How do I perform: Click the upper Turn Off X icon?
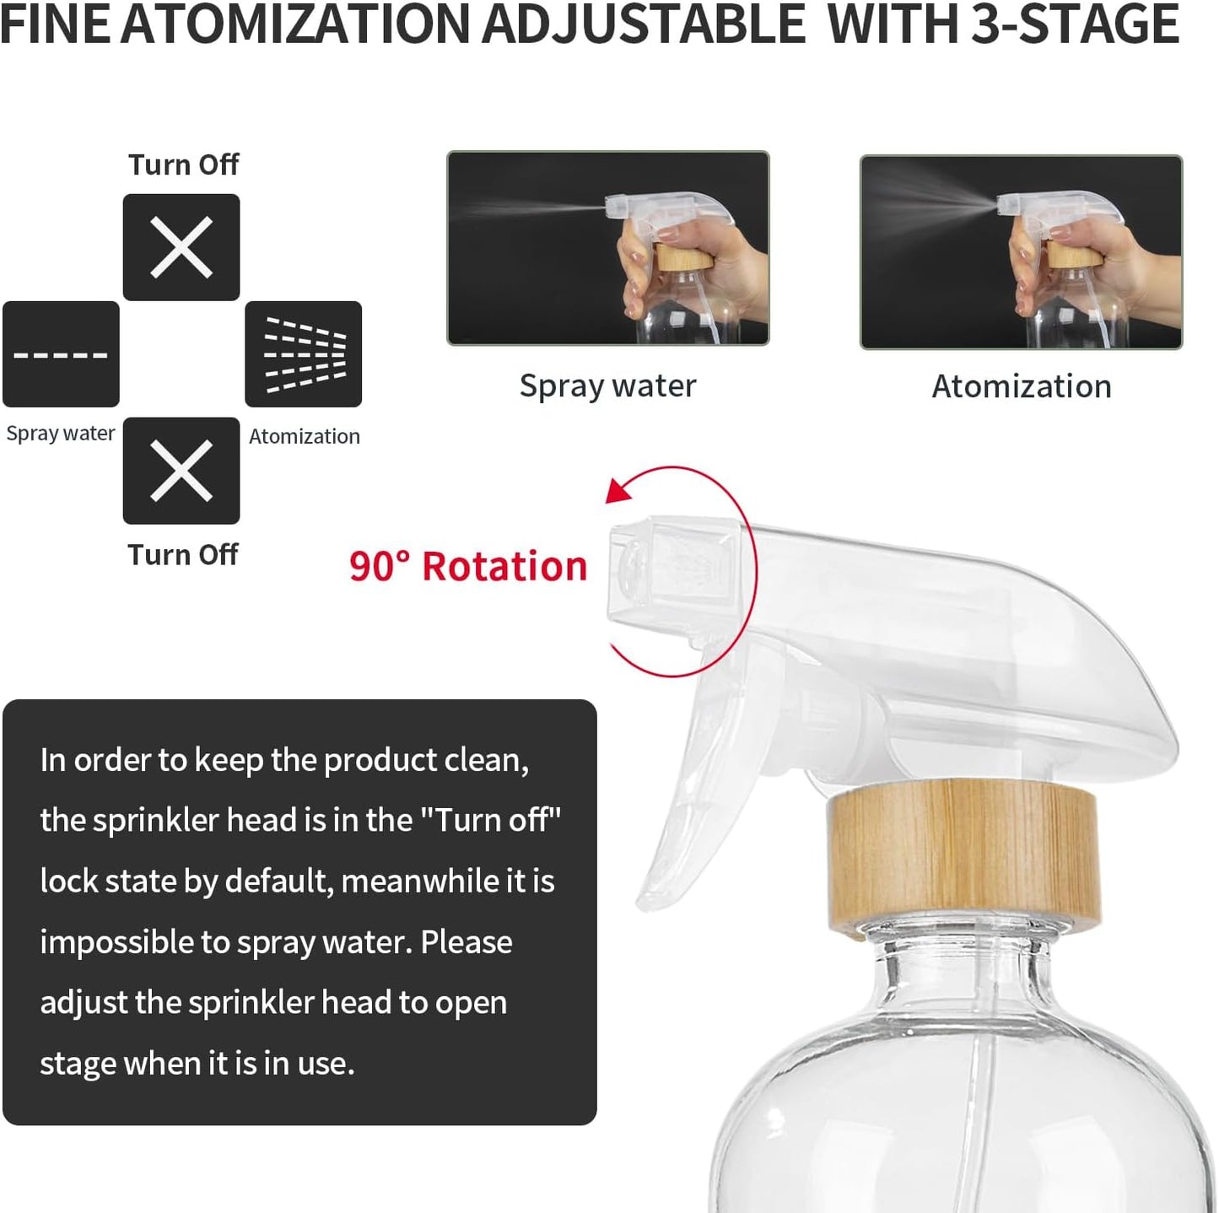[x=181, y=247]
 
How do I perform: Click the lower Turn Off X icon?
[x=181, y=471]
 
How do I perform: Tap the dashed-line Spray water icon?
[x=61, y=354]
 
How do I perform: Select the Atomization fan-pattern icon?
[x=304, y=354]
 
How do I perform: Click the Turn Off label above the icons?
[x=183, y=164]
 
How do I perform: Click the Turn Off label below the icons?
[x=183, y=555]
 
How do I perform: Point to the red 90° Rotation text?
[x=468, y=566]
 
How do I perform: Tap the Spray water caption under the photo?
[x=607, y=385]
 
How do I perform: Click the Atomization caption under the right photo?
[x=1021, y=386]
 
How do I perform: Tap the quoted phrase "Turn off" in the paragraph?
[x=490, y=820]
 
